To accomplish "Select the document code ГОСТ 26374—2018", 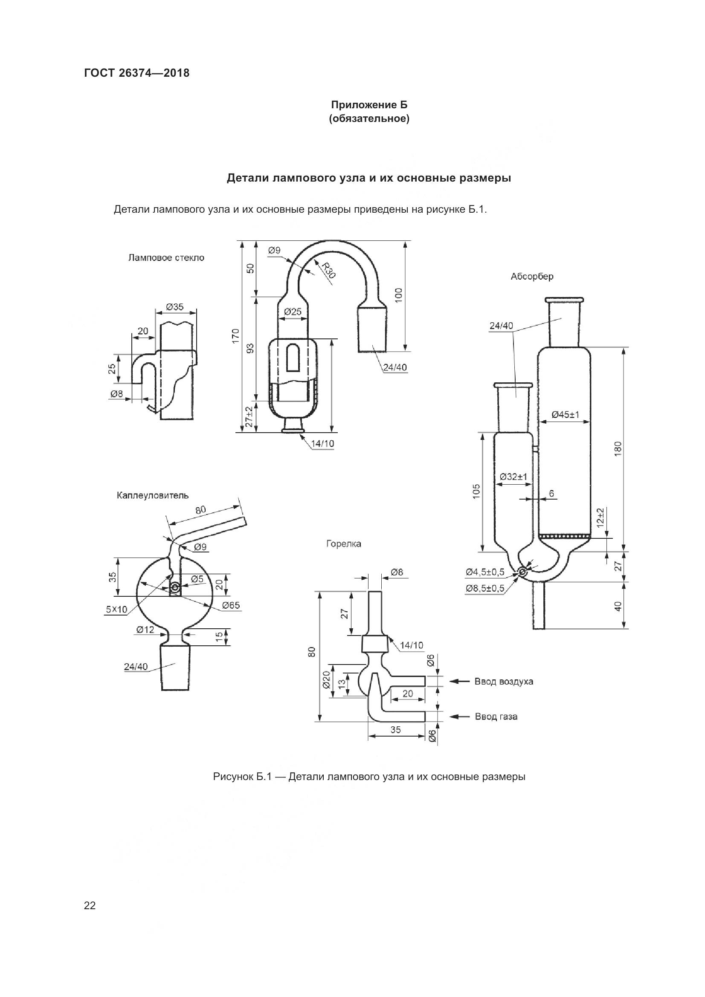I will pyautogui.click(x=137, y=73).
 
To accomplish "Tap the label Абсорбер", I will pyautogui.click(x=532, y=277).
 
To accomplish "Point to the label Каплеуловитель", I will pyautogui.click(x=152, y=495).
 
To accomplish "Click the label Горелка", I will pyautogui.click(x=344, y=543).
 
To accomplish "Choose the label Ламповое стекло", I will pyautogui.click(x=166, y=258).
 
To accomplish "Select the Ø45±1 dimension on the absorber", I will pyautogui.click(x=565, y=415).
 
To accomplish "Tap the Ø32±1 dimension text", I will pyautogui.click(x=513, y=477).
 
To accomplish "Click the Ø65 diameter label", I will pyautogui.click(x=231, y=605).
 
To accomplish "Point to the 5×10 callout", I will pyautogui.click(x=116, y=610).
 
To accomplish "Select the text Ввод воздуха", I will pyautogui.click(x=503, y=681).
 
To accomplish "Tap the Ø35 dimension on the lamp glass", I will pyautogui.click(x=174, y=307).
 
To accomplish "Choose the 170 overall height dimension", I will pyautogui.click(x=235, y=337).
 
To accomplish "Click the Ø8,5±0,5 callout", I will pyautogui.click(x=485, y=588).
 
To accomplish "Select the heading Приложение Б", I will pyautogui.click(x=369, y=105).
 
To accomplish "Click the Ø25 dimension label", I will pyautogui.click(x=293, y=311).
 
